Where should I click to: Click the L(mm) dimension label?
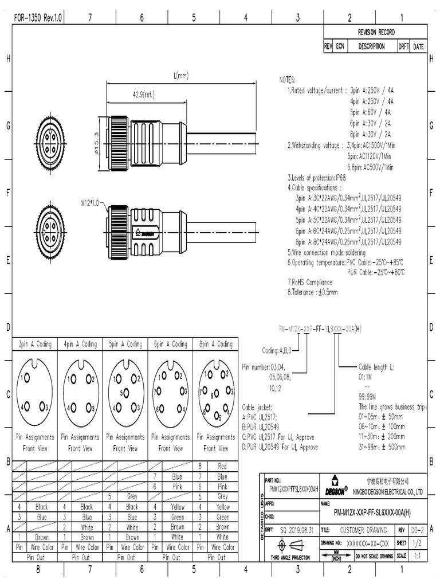[x=180, y=76]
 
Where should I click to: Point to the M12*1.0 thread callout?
[x=90, y=202]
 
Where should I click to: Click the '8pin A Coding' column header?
[x=215, y=345]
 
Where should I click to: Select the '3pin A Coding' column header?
[x=35, y=345]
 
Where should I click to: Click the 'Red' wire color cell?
[x=222, y=466]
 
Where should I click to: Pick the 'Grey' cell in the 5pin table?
[x=132, y=496]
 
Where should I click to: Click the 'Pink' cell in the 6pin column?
[x=177, y=486]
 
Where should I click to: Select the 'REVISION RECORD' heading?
[x=376, y=32]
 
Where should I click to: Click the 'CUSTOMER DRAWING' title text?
[x=364, y=531]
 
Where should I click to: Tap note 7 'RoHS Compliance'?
[x=310, y=282]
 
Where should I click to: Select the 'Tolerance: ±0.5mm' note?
[x=313, y=292]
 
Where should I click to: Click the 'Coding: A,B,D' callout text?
[x=277, y=350]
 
